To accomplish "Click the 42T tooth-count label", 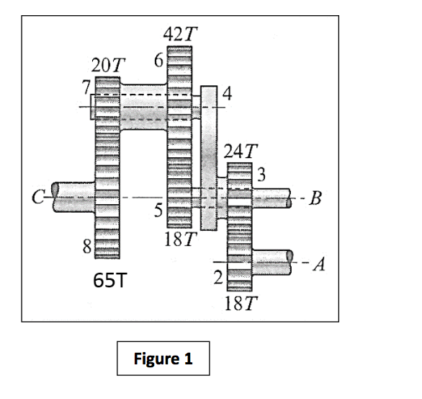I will click(x=181, y=33).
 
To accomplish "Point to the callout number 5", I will click(x=160, y=211).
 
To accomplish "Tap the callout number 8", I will click(x=85, y=249).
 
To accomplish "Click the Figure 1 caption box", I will click(x=163, y=359).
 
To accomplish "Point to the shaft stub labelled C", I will click(x=68, y=195).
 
